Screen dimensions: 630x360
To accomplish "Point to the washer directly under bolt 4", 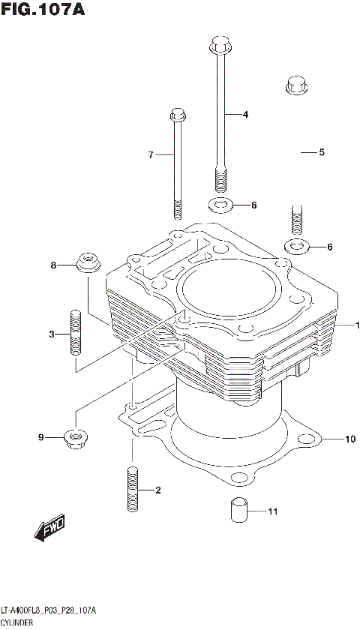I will (219, 205).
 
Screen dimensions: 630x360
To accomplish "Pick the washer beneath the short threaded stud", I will (295, 245).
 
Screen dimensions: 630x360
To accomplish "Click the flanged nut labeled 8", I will (89, 264).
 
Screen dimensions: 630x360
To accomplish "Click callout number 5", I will (321, 152).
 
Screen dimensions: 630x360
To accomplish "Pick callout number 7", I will (150, 155).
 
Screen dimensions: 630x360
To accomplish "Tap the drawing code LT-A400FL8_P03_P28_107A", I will (49, 611).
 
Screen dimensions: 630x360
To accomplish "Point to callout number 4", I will (244, 115).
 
